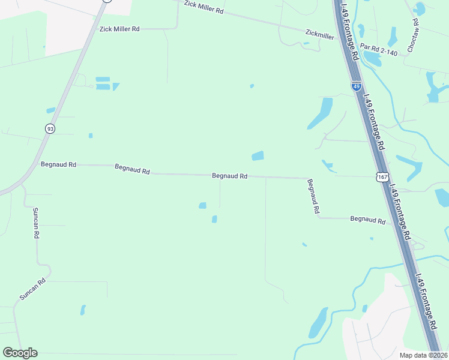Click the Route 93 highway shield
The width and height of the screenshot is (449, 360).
[x=49, y=128]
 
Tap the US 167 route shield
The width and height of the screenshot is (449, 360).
[x=382, y=177]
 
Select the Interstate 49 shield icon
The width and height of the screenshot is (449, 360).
[x=357, y=86]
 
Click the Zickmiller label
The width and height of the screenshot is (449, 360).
[x=319, y=36]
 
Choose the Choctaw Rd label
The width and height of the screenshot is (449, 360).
[x=413, y=34]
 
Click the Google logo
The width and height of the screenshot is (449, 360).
[x=20, y=353]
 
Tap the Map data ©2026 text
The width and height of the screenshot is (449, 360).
[x=423, y=355]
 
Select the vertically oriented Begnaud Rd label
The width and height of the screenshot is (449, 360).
[x=313, y=197]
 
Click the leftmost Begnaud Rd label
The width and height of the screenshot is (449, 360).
[x=58, y=164]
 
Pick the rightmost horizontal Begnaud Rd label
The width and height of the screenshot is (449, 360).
[x=367, y=220]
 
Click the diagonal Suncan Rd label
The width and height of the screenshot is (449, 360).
[x=32, y=289]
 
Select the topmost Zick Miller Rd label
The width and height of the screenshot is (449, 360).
[x=203, y=7]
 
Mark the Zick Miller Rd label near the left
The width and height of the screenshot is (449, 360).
[x=119, y=29]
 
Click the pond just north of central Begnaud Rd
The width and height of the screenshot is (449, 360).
[x=258, y=156]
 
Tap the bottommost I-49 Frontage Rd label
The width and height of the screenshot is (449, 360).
[x=427, y=304]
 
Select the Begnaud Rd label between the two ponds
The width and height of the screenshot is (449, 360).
[x=230, y=176]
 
